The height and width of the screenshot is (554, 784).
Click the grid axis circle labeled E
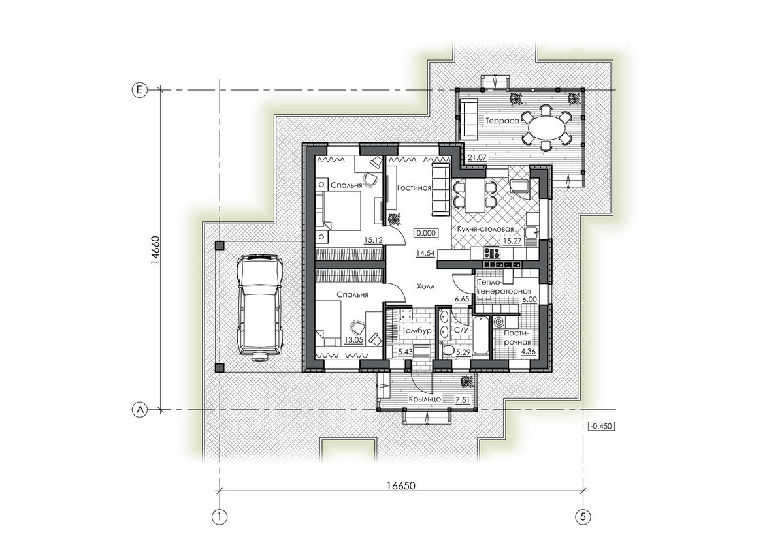pos(139,90)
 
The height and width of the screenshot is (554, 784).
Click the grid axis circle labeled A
pos(140,410)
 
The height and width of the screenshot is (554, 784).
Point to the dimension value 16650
pos(401,486)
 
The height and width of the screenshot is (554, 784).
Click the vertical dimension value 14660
pos(155,250)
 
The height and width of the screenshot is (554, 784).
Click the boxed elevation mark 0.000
pos(426,233)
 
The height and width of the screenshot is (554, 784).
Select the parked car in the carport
pos(260,307)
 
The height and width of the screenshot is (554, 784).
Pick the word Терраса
pos(502,121)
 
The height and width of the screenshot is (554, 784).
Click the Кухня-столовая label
pos(485,229)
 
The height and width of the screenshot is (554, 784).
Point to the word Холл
pos(426,286)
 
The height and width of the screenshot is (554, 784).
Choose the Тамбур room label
pos(417,331)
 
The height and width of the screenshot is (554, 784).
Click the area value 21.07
pos(478,157)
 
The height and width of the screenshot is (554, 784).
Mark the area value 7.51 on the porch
pos(463,400)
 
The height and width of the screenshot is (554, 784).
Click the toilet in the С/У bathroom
pos(448,350)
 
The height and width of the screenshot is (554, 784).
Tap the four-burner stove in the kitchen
pos(491,252)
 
